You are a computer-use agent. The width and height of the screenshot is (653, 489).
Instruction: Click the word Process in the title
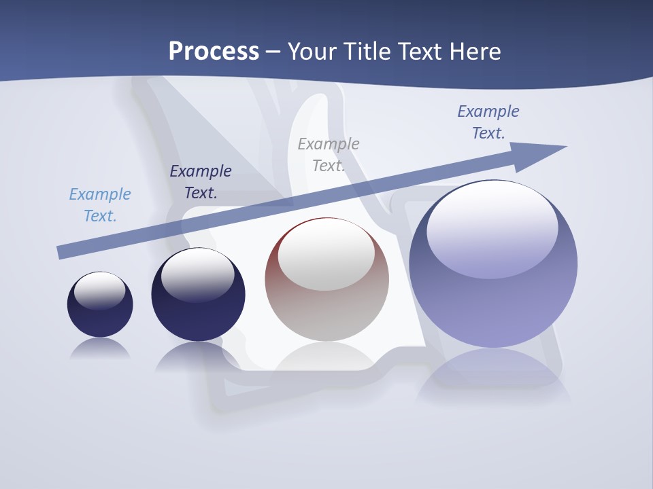(x=214, y=52)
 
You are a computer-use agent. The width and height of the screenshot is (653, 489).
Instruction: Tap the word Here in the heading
(x=475, y=52)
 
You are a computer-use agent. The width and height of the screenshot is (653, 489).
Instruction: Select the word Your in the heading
(x=312, y=52)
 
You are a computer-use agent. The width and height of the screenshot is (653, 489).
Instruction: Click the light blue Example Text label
(x=100, y=205)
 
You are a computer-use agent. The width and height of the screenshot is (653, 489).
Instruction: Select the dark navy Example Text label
(x=201, y=182)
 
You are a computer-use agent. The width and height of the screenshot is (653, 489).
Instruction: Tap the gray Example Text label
(x=329, y=155)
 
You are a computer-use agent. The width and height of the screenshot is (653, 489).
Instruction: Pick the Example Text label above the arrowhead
(x=488, y=122)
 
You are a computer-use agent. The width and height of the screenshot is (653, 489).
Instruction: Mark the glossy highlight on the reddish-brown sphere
(x=326, y=255)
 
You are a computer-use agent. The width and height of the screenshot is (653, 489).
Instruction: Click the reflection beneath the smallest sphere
(x=100, y=348)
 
